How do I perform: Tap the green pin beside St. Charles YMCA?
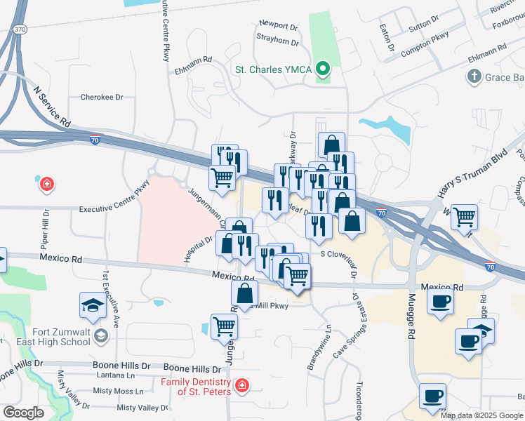pyautogui.click(x=323, y=69)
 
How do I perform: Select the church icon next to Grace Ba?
pyautogui.click(x=474, y=76)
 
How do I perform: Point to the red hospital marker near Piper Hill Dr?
pyautogui.click(x=47, y=185)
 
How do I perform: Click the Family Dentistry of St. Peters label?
pyautogui.click(x=195, y=387)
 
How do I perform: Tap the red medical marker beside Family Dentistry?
pyautogui.click(x=241, y=386)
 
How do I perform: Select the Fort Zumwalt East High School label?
pyautogui.click(x=51, y=337)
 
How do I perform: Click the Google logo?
pyautogui.click(x=23, y=413)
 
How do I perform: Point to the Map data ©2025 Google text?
pyautogui.click(x=481, y=415)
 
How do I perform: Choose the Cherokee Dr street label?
pyautogui.click(x=102, y=98)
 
